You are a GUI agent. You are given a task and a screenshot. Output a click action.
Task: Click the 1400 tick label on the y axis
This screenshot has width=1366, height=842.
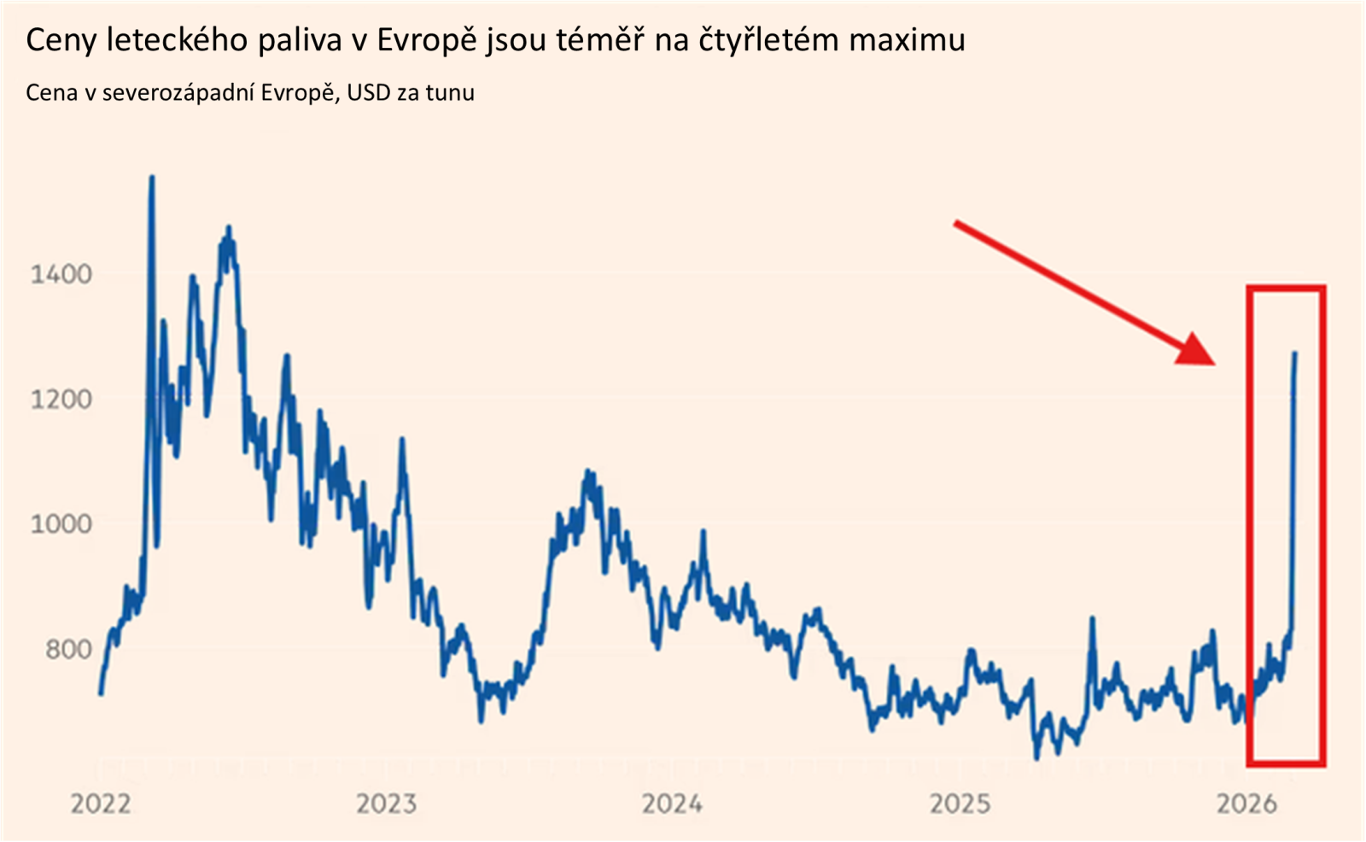(x=61, y=274)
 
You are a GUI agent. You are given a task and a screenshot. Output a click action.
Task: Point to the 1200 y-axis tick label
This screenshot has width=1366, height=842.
(x=61, y=399)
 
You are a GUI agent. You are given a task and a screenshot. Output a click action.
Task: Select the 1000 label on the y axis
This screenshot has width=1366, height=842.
(x=61, y=523)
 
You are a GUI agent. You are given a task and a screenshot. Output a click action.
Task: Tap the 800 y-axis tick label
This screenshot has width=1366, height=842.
(x=68, y=649)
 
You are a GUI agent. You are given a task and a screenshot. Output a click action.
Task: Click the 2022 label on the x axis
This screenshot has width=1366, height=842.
(x=100, y=804)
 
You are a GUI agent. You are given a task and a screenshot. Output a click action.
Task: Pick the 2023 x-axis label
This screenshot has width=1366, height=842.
(x=386, y=804)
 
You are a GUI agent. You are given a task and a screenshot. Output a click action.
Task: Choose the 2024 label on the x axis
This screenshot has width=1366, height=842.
(x=672, y=804)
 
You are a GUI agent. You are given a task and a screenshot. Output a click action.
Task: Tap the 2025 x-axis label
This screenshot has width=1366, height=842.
(x=960, y=804)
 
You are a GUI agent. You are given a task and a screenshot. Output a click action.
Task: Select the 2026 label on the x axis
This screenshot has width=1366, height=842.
(x=1246, y=804)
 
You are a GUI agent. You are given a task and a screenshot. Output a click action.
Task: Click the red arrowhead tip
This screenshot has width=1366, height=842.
(x=1213, y=363)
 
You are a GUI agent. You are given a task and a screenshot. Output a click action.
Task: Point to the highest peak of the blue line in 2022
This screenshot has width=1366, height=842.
(x=152, y=178)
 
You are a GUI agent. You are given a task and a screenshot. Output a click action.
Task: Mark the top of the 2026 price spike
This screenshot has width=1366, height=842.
(x=1295, y=353)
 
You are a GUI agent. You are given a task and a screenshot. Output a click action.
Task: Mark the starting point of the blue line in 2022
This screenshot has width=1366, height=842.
(x=101, y=693)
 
